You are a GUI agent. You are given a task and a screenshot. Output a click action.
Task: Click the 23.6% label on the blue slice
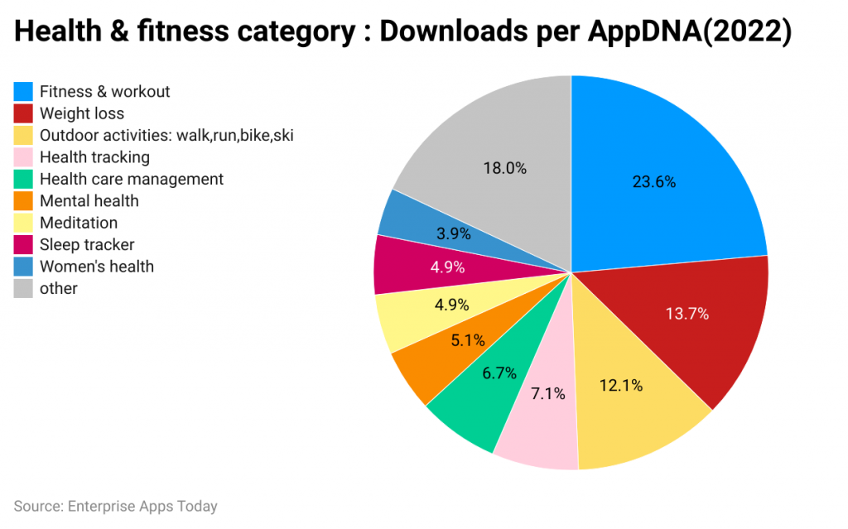(x=654, y=182)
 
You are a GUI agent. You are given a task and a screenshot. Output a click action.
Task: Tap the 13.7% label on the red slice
(x=687, y=314)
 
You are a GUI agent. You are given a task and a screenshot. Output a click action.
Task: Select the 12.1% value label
(x=620, y=385)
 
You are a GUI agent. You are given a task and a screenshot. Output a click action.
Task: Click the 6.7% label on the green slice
(x=499, y=373)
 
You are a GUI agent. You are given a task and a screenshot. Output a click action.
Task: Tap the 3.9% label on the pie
(x=453, y=233)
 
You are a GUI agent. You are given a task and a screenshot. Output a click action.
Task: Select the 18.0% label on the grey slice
(x=504, y=168)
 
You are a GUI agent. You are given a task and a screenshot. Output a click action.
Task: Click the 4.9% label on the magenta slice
(x=447, y=267)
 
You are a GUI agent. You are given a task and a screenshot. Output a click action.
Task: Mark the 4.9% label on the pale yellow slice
(x=451, y=305)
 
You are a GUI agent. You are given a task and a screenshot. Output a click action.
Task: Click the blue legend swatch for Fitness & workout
(x=23, y=91)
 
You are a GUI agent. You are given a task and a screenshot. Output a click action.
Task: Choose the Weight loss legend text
(x=82, y=113)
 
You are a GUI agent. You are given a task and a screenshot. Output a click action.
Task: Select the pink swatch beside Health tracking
(x=23, y=157)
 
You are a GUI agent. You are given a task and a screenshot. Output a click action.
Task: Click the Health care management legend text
(x=132, y=179)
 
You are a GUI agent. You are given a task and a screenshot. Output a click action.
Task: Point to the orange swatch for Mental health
(x=23, y=201)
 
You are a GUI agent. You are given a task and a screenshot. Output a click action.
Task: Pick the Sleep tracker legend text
(x=87, y=244)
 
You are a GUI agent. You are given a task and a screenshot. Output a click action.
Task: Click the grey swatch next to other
(x=23, y=288)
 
